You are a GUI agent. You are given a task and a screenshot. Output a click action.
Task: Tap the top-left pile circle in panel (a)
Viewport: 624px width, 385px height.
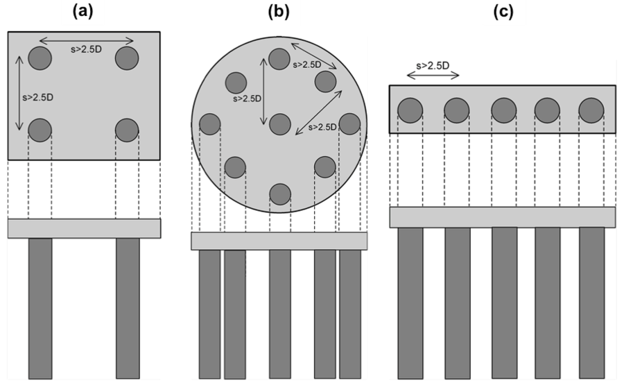click(40, 58)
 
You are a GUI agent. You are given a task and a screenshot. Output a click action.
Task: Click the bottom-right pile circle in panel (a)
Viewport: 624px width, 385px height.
click(127, 130)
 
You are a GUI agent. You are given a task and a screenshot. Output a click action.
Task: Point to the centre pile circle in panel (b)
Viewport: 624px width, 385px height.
click(279, 125)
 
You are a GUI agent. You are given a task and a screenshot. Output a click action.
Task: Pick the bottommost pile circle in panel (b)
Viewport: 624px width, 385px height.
click(279, 194)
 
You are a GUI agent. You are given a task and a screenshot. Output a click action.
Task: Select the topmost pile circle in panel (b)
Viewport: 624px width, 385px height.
click(279, 59)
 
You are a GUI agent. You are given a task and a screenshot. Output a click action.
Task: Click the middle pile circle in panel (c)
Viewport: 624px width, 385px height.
click(503, 110)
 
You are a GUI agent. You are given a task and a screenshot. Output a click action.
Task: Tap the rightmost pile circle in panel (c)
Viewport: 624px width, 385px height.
click(591, 110)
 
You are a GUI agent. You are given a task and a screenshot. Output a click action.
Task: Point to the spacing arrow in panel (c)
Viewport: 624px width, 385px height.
click(431, 76)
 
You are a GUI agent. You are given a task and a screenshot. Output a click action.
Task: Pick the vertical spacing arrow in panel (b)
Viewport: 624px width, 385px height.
click(263, 92)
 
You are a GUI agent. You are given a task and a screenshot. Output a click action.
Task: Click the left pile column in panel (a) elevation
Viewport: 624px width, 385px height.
click(40, 308)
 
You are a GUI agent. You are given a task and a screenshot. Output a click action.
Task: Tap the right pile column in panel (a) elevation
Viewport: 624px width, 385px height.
click(128, 308)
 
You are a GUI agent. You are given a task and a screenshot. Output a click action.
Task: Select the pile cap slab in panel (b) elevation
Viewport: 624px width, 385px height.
click(279, 241)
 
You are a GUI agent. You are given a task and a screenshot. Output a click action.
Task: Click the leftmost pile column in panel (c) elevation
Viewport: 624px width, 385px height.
click(410, 302)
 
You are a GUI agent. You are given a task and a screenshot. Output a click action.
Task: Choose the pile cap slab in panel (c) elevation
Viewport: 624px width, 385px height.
click(502, 217)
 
